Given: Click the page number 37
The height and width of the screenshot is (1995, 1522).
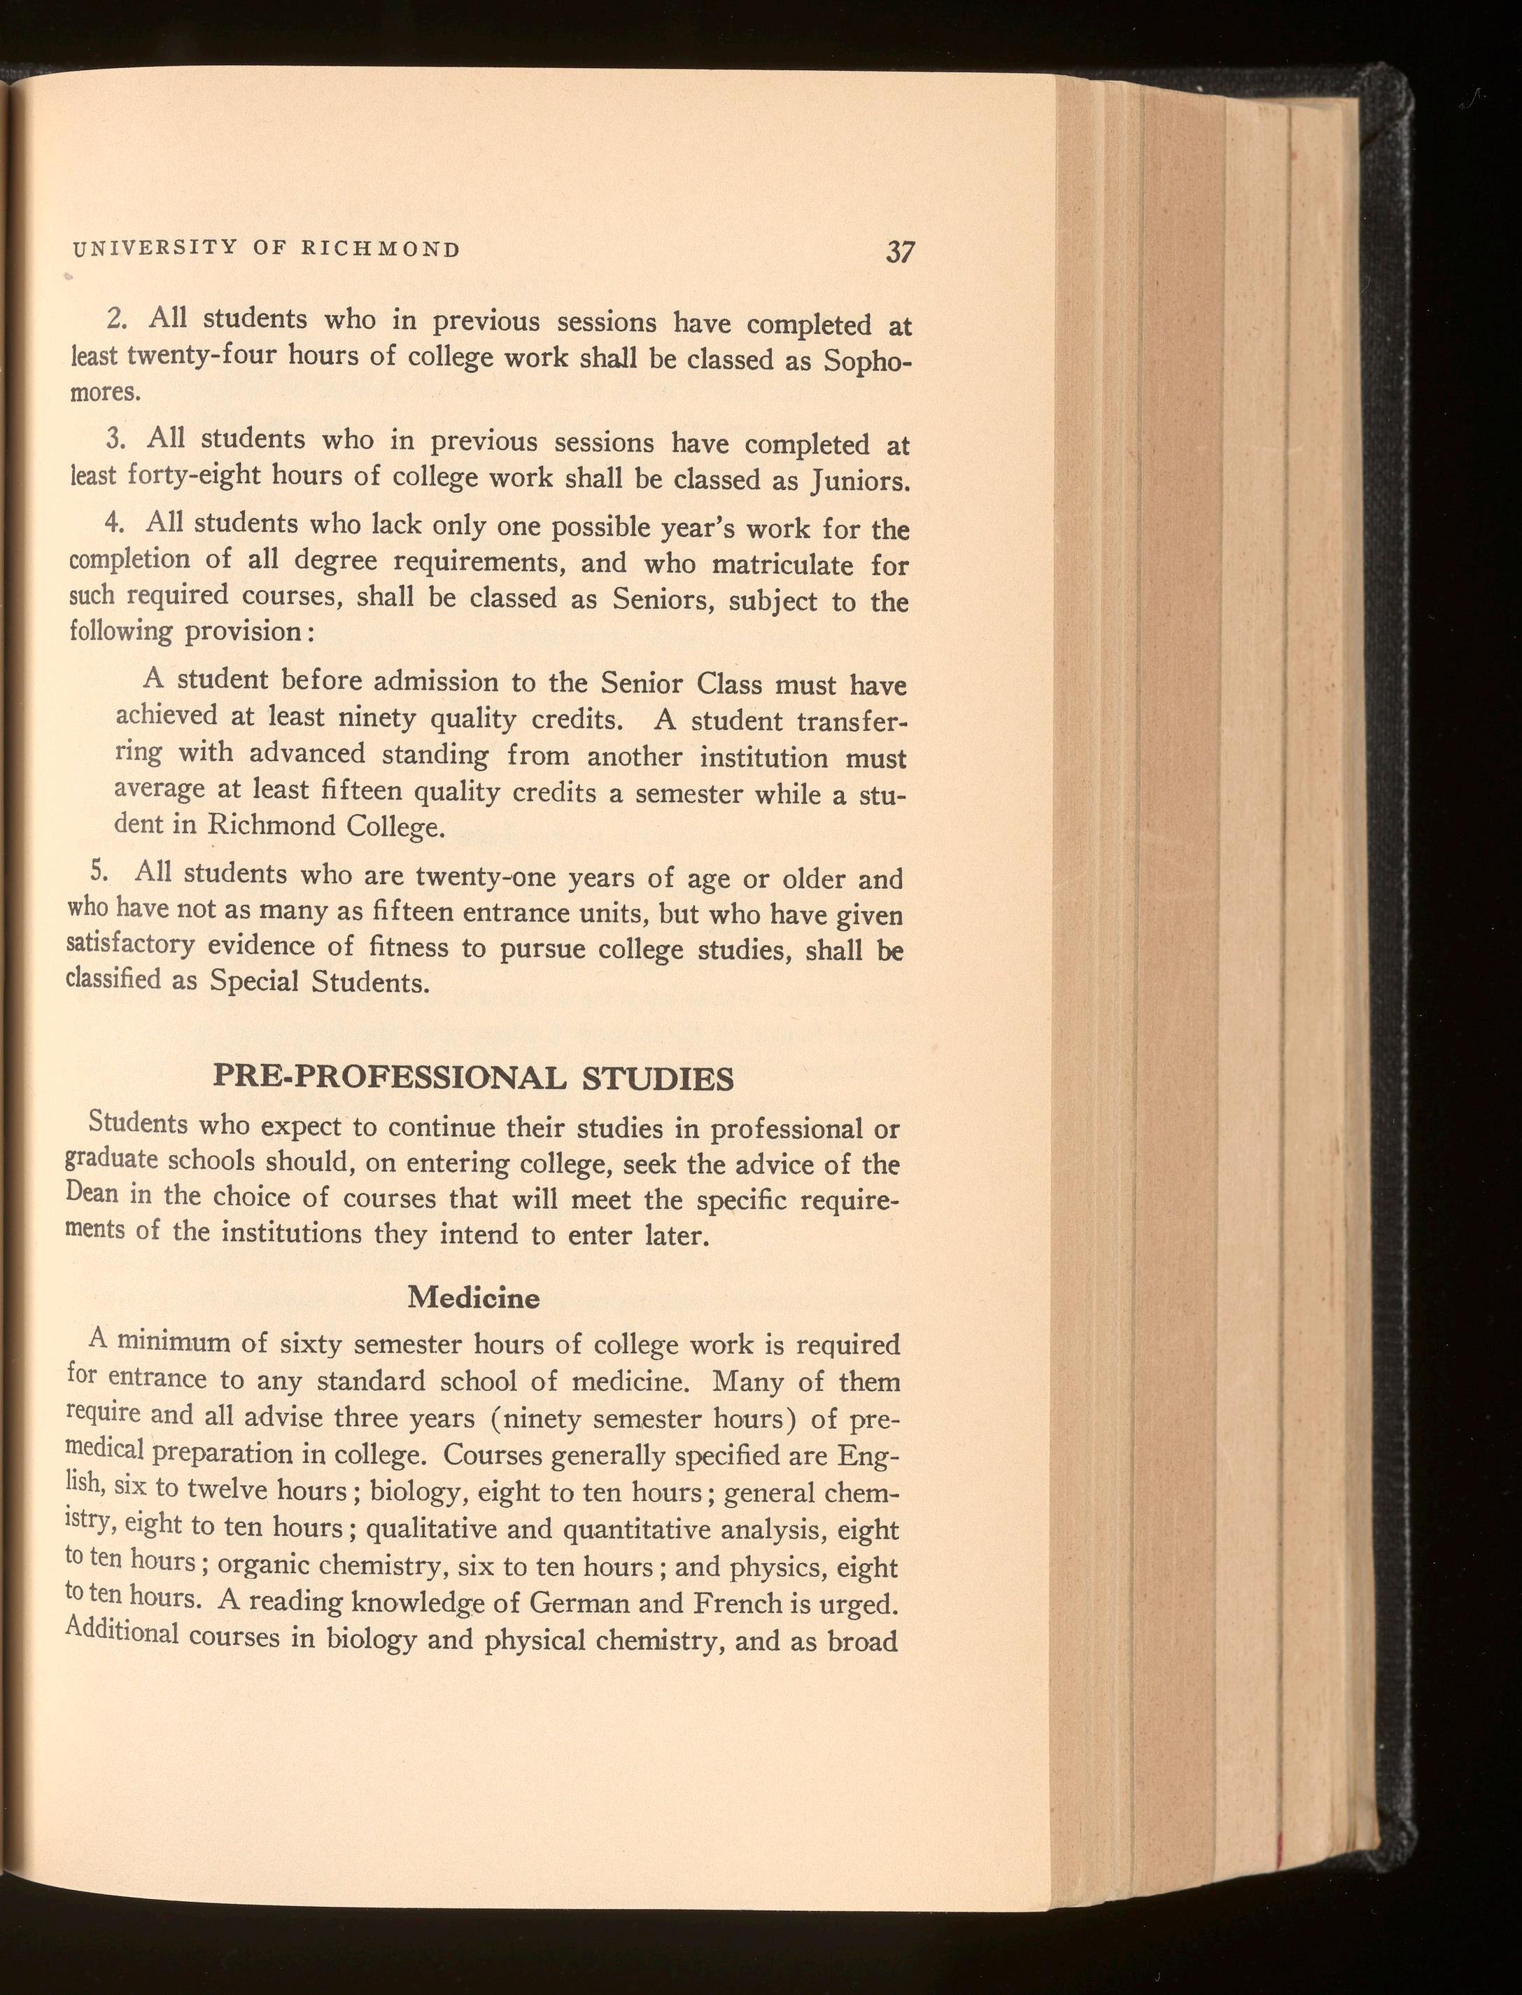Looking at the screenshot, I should click(x=901, y=252).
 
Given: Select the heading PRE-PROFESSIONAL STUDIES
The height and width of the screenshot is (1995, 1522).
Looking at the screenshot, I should click(x=473, y=1078).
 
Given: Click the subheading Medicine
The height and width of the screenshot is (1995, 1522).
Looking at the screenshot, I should click(x=473, y=1298).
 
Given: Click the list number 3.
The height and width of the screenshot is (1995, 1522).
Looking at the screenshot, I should click(x=114, y=438).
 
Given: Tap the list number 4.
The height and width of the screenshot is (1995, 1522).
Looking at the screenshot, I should click(x=113, y=522).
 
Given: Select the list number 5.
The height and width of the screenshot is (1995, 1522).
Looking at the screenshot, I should click(x=99, y=871).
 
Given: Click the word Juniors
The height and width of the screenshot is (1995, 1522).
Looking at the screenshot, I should click(x=855, y=481).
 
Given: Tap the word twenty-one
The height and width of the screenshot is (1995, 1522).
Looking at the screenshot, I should click(x=485, y=877).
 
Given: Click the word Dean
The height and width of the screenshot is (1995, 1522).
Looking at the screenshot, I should click(x=92, y=1192).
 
